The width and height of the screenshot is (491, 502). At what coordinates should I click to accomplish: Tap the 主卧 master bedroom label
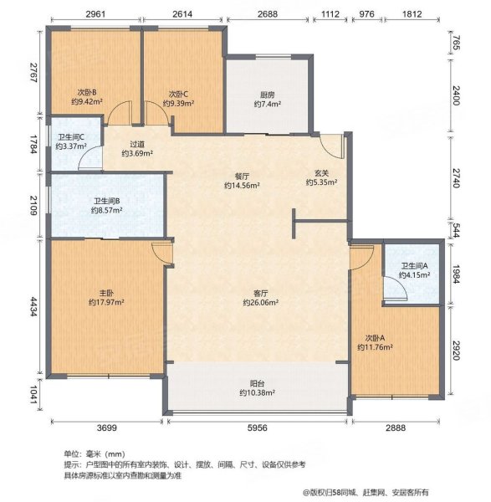coord(106,294)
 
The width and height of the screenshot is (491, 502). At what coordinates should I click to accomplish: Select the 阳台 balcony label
coord(257,382)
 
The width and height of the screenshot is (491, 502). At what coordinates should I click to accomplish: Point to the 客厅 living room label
coord(260,294)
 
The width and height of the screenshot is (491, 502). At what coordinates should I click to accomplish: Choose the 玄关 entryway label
coord(321,172)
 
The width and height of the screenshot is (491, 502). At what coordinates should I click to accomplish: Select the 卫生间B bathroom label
coord(107,201)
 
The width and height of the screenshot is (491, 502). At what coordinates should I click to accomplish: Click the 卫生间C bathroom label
coord(71,138)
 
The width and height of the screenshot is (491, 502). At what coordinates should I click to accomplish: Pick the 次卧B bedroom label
coord(85,94)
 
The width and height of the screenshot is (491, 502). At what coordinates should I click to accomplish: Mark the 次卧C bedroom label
coord(177,94)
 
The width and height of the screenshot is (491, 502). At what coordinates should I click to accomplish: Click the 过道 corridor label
coord(138,143)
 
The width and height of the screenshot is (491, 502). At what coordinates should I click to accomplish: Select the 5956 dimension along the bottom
coord(257,428)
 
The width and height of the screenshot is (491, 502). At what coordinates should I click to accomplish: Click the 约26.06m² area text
coord(260,303)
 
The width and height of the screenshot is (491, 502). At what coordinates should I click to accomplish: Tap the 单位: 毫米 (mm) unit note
coord(87,451)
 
